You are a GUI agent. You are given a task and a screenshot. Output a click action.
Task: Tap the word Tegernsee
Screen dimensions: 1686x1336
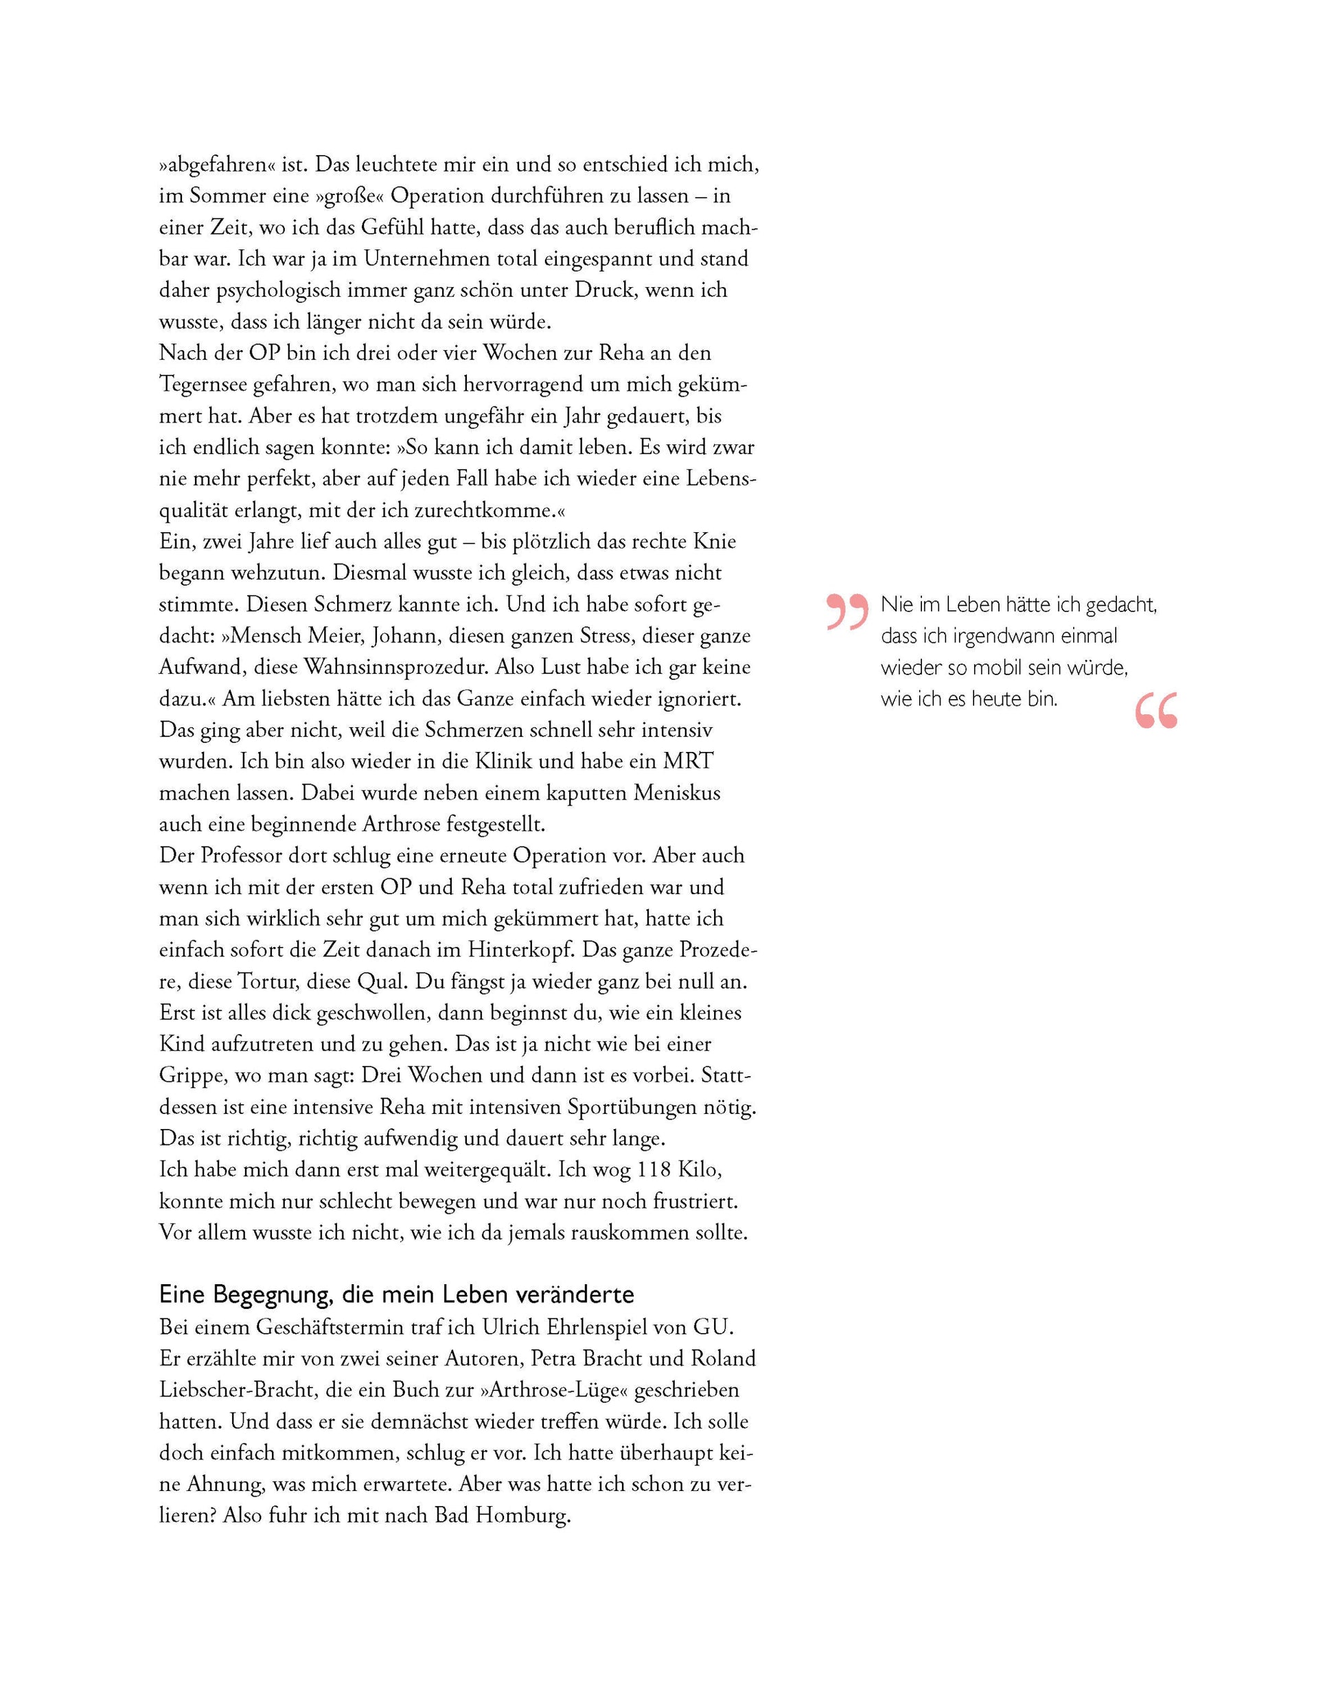[202, 385]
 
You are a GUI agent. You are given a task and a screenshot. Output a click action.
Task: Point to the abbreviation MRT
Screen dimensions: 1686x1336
[688, 761]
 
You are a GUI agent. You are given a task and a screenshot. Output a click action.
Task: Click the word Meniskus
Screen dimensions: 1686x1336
[677, 793]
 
